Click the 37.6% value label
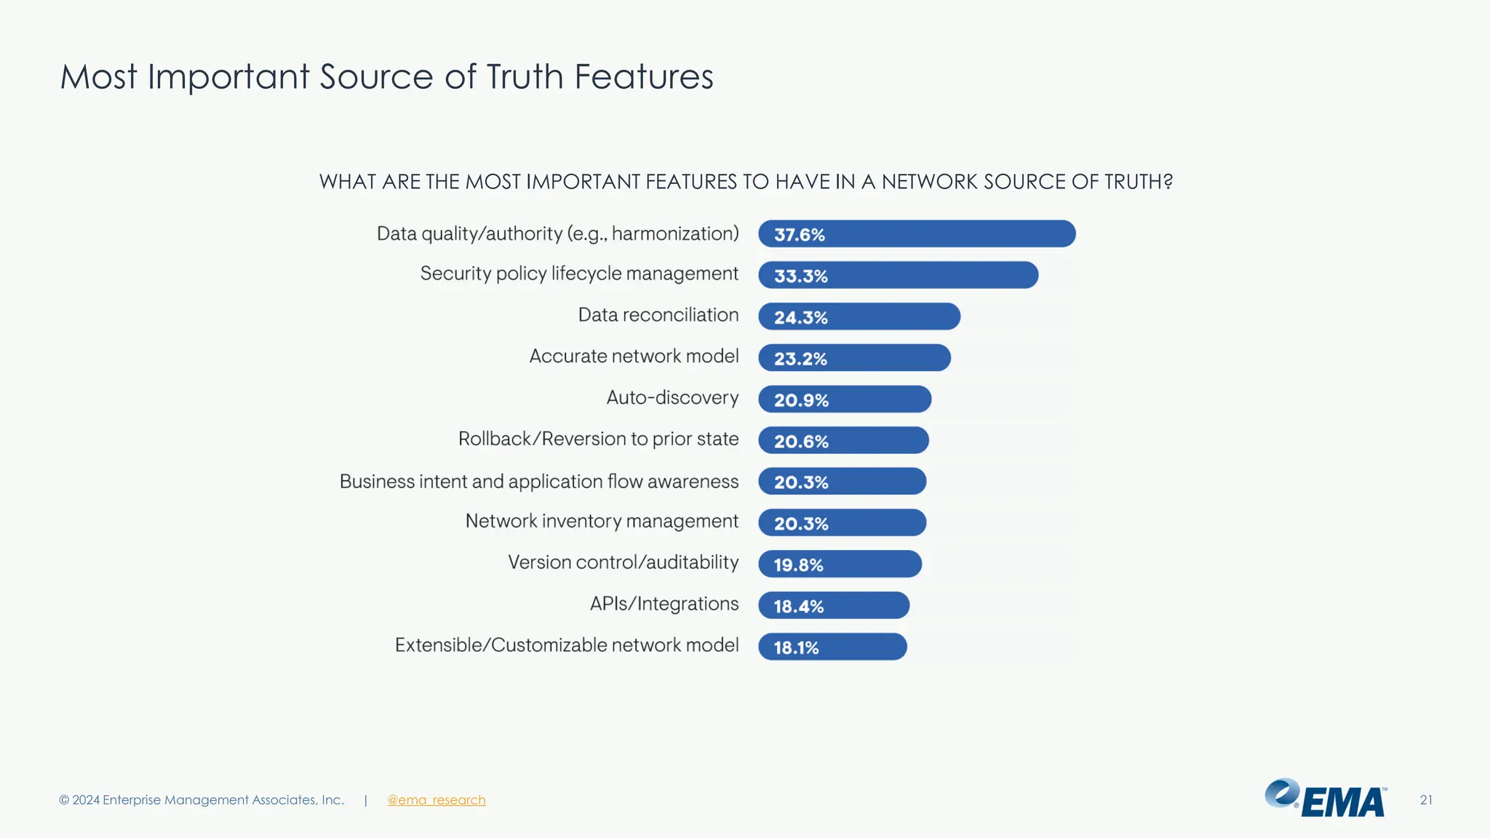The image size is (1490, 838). pyautogui.click(x=799, y=235)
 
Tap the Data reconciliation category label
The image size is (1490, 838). pyautogui.click(x=658, y=315)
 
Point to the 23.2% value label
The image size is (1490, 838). pyautogui.click(x=800, y=359)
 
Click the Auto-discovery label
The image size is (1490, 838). pyautogui.click(x=672, y=398)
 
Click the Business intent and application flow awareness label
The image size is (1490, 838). pyautogui.click(x=538, y=482)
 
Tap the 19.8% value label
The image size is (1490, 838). pyautogui.click(x=798, y=565)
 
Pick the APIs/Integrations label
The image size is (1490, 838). pyautogui.click(x=664, y=604)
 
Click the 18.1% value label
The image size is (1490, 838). pyautogui.click(x=796, y=647)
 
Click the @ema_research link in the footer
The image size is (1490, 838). pyautogui.click(x=436, y=800)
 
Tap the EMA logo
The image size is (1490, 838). pyautogui.click(x=1326, y=799)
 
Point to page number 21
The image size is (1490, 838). pyautogui.click(x=1426, y=800)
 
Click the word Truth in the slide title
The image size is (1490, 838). pyautogui.click(x=525, y=77)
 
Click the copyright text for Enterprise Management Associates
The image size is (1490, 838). pyautogui.click(x=201, y=800)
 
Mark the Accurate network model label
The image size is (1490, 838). pyautogui.click(x=633, y=356)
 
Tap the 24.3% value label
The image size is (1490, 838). pyautogui.click(x=800, y=318)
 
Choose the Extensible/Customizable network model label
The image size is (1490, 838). pyautogui.click(x=566, y=645)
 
